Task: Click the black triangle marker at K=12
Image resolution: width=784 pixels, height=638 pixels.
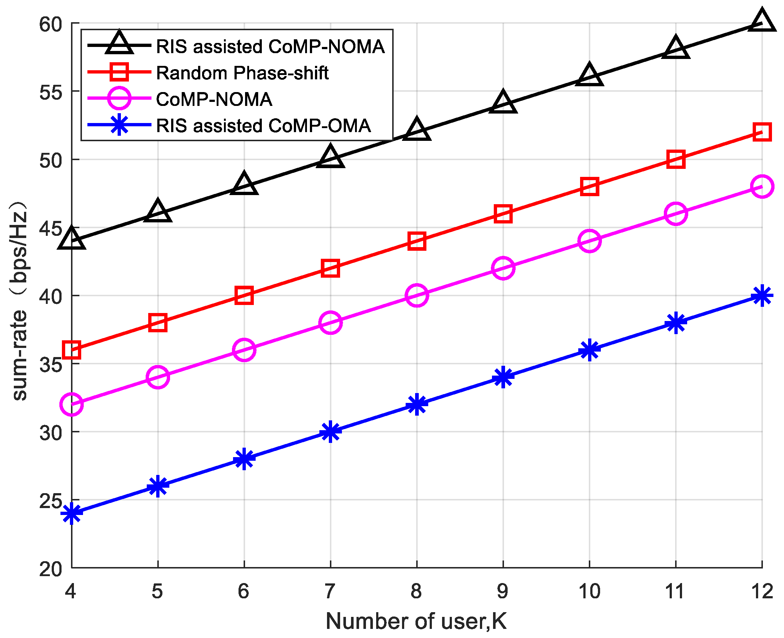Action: tap(762, 21)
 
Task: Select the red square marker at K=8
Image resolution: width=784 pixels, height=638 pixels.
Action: tap(417, 241)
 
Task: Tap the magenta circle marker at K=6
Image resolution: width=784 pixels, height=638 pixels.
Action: tap(244, 349)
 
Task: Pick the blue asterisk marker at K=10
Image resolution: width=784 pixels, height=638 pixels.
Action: tap(590, 349)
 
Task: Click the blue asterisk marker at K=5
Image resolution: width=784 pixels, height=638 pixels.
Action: tap(158, 486)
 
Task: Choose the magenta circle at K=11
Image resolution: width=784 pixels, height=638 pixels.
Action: tap(676, 213)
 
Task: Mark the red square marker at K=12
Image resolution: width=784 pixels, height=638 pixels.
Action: tap(762, 132)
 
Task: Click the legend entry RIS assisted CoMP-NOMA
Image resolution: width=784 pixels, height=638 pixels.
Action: tap(270, 47)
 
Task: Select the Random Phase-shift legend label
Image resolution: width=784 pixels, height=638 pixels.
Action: tap(242, 73)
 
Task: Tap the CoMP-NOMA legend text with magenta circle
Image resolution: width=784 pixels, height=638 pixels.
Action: tap(214, 99)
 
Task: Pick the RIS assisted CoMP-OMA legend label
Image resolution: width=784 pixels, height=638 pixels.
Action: tap(263, 126)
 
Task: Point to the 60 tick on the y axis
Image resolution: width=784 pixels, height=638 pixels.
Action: tap(50, 24)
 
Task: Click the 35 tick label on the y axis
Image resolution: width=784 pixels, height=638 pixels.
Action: tap(50, 365)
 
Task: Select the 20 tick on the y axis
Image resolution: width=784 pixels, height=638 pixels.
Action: tap(50, 569)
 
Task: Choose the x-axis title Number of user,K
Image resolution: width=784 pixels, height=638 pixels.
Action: tap(416, 621)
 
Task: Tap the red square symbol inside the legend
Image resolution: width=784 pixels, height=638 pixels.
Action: tap(119, 72)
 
